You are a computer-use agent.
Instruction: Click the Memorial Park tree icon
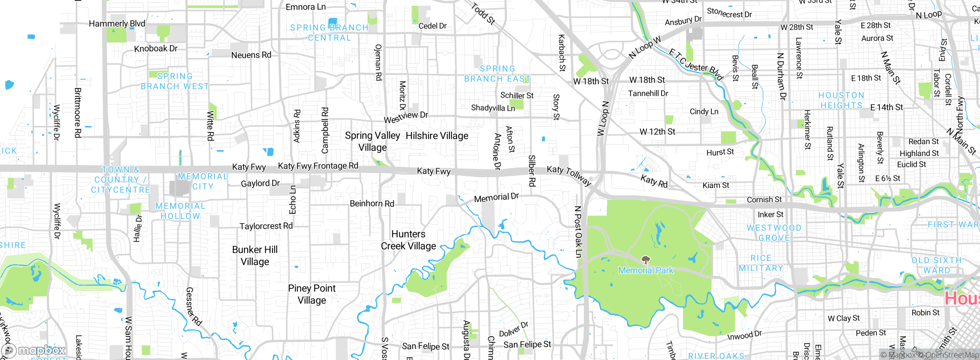coord(646,260)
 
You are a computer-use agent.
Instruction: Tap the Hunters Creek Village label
coord(408,240)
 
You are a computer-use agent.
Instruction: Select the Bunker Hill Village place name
coord(255,255)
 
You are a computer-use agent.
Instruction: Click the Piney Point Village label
coord(312,294)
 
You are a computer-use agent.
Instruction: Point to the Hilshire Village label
coord(437,136)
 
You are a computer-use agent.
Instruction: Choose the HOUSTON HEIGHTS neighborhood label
coord(841,100)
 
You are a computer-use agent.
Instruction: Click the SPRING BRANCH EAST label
coord(497,74)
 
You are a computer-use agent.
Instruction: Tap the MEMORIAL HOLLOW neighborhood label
coord(180,211)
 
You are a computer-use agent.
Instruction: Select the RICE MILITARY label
coord(761,263)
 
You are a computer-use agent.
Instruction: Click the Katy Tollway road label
coord(569,175)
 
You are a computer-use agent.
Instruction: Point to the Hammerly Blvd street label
coord(117,24)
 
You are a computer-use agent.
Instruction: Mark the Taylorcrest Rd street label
coord(266,226)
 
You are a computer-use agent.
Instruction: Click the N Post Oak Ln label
coord(578,232)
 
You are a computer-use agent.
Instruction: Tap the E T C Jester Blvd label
coord(696,64)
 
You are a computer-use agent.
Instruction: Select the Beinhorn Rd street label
coord(372,203)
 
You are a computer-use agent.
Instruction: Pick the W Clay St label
coord(843,318)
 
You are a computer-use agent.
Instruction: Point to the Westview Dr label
coord(406,117)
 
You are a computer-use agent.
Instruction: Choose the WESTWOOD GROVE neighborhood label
coord(774,233)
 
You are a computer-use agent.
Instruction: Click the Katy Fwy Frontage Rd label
coord(318,166)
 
